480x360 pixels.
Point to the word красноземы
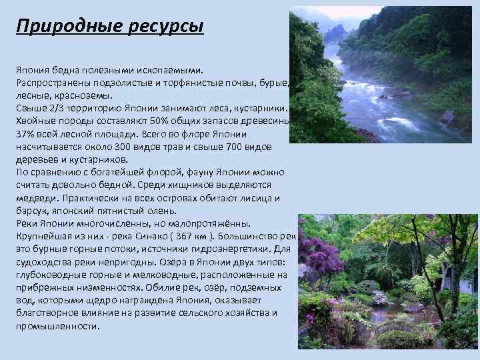tap(75, 95)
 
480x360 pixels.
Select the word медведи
tap(35, 199)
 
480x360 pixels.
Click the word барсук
tap(30, 211)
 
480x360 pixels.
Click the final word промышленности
tap(57, 326)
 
